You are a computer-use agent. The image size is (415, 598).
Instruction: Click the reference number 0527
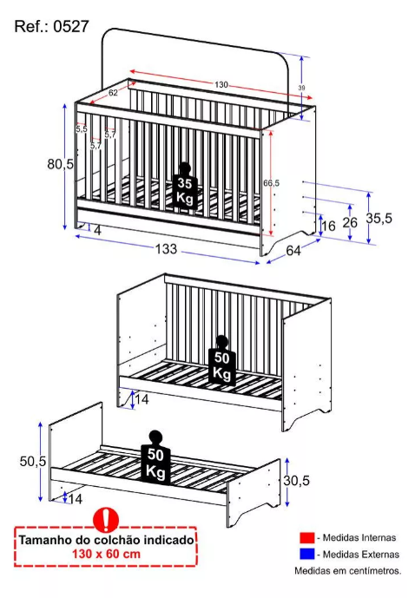71,27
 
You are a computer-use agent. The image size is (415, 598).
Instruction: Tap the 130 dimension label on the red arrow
221,84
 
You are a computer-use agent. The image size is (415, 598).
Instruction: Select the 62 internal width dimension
113,92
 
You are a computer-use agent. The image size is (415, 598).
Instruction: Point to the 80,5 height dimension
60,164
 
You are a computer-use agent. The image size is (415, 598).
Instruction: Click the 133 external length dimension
166,248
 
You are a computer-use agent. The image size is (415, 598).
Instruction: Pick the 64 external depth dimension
293,250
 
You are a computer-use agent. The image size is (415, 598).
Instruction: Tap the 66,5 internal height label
271,183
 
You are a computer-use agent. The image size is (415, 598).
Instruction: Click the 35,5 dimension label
379,218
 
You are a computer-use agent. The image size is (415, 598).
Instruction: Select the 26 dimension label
350,222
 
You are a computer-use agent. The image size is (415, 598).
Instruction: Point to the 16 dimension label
328,226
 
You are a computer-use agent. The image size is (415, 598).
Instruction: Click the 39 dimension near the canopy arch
301,88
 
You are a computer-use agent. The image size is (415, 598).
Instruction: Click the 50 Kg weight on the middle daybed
222,360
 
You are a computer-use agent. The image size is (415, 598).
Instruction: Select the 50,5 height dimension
33,461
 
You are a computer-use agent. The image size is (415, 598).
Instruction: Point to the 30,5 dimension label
296,480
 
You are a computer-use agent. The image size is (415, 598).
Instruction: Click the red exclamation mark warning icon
106,519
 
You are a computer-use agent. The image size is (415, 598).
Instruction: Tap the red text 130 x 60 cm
107,554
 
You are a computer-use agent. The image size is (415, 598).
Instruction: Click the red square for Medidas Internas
307,538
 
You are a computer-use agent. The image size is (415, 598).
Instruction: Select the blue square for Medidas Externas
307,554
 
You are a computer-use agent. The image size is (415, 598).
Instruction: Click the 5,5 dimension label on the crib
82,129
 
